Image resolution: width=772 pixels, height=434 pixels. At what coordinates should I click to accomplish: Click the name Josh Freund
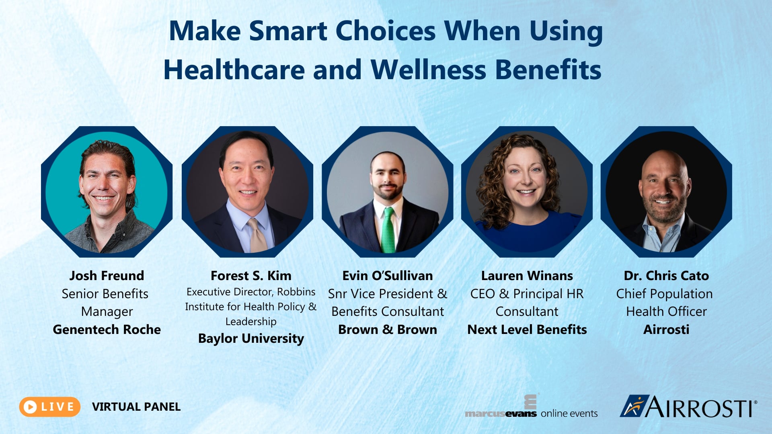[107, 276]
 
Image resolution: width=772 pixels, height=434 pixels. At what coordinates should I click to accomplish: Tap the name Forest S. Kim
[251, 276]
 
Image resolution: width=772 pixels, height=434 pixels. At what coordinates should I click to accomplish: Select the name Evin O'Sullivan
[387, 276]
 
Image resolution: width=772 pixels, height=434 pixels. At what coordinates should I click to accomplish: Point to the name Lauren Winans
[527, 276]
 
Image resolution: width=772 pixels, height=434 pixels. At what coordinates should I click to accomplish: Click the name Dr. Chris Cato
[666, 276]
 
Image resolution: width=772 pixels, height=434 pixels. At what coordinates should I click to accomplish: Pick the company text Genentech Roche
[107, 330]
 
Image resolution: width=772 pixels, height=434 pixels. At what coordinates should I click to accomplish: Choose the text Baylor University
[251, 338]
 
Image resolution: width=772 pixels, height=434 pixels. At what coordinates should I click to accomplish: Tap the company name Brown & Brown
[387, 330]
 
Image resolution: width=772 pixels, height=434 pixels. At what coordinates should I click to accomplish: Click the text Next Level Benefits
[527, 330]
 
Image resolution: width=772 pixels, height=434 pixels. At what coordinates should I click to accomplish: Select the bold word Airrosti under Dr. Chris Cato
[666, 330]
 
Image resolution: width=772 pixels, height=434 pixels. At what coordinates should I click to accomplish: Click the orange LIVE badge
[50, 407]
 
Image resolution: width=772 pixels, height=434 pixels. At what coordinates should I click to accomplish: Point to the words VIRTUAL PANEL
[136, 407]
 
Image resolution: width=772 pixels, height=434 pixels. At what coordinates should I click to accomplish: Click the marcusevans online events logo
[531, 408]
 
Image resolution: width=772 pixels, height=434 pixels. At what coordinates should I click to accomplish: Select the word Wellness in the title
[428, 70]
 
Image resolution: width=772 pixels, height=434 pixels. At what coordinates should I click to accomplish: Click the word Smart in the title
[288, 31]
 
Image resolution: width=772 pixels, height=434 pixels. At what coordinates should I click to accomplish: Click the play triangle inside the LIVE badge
[30, 407]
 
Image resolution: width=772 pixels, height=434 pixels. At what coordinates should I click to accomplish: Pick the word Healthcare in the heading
[234, 70]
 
